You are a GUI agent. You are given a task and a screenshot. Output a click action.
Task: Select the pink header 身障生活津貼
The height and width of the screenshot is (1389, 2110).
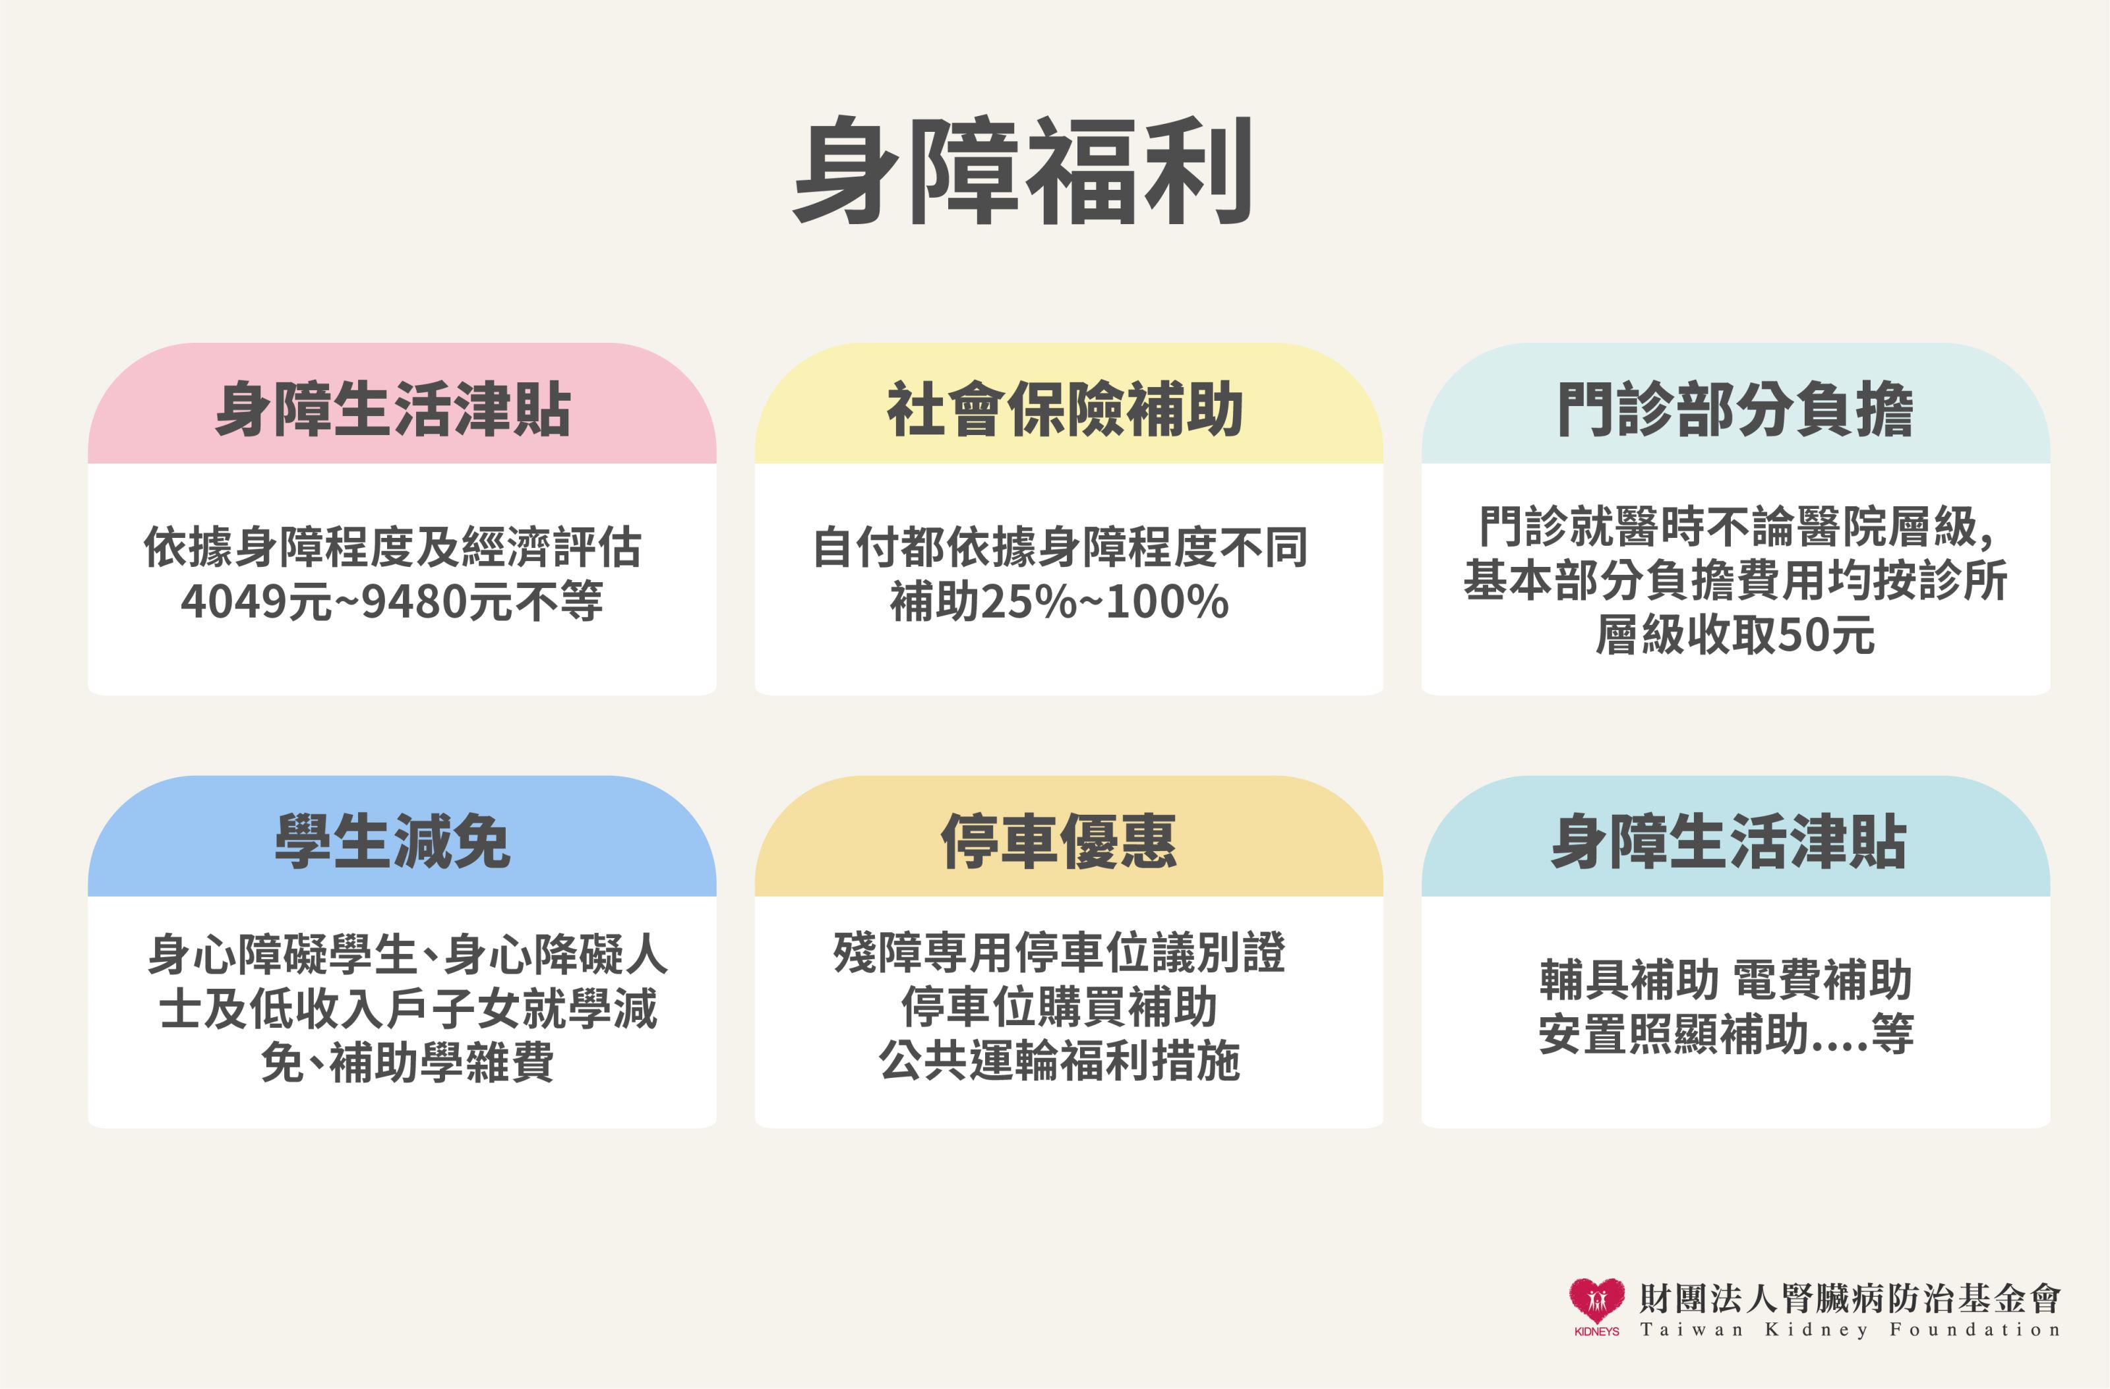pyautogui.click(x=393, y=409)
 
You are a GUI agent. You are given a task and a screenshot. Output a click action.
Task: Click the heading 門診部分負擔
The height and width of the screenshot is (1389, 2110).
pyautogui.click(x=1735, y=409)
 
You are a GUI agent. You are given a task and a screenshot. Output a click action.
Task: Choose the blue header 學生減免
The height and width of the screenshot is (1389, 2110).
pyautogui.click(x=393, y=841)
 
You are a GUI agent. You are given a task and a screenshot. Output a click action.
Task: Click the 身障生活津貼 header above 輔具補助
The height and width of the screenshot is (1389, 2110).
pyautogui.click(x=1729, y=841)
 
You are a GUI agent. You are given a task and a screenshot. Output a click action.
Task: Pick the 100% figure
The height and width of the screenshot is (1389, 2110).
pyautogui.click(x=1166, y=602)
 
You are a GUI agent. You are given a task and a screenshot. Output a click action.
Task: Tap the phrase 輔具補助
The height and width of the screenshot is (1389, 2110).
pyautogui.click(x=1629, y=980)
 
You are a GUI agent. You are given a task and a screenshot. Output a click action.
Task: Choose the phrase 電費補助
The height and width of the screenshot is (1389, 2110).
pyautogui.click(x=1823, y=980)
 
